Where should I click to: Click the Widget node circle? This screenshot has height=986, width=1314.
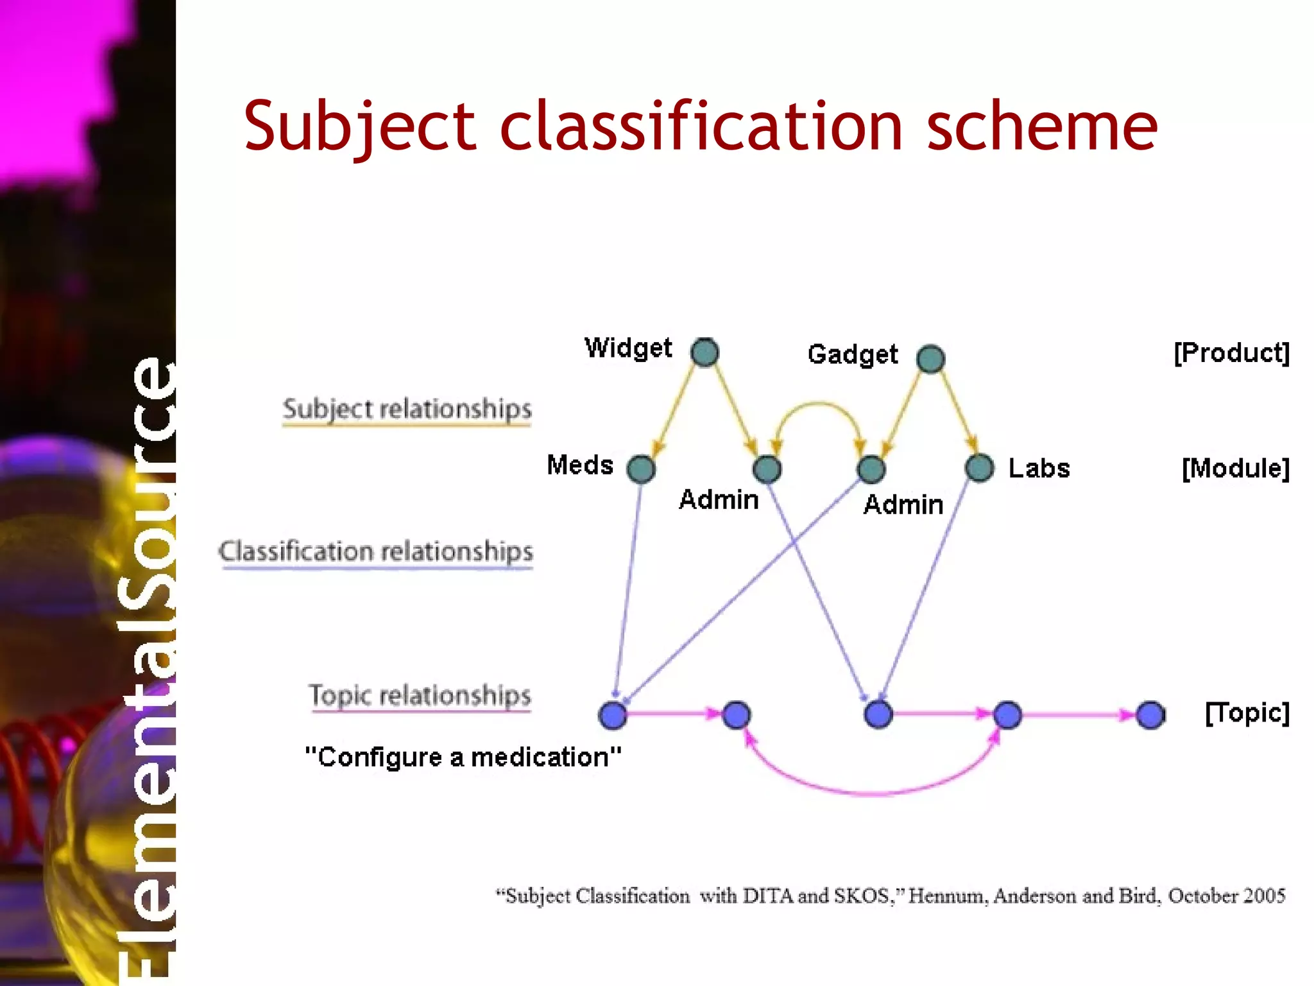[x=704, y=352]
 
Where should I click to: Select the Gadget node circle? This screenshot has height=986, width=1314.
[x=930, y=359]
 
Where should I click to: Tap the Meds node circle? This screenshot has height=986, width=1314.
[x=641, y=469]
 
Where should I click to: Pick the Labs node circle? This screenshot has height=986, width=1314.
[x=979, y=468]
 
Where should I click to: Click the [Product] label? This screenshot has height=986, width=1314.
[x=1231, y=353]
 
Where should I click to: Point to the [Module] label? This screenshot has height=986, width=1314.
[x=1235, y=469]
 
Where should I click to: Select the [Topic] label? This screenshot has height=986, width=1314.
[x=1247, y=713]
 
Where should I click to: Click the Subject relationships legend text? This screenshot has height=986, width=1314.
[x=407, y=409]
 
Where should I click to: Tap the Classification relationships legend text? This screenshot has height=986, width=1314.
[x=376, y=551]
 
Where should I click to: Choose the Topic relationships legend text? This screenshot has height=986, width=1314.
[x=420, y=695]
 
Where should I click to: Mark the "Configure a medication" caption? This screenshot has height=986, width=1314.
[x=463, y=757]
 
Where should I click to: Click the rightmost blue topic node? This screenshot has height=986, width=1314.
[x=1150, y=715]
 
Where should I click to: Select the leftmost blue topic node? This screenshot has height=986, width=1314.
[x=612, y=715]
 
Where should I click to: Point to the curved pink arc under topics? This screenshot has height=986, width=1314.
[x=873, y=793]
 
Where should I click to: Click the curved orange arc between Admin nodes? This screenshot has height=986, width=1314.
[x=818, y=404]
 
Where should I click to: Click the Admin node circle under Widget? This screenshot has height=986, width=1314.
[x=767, y=469]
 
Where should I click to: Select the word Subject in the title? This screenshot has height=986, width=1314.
[x=359, y=126]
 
